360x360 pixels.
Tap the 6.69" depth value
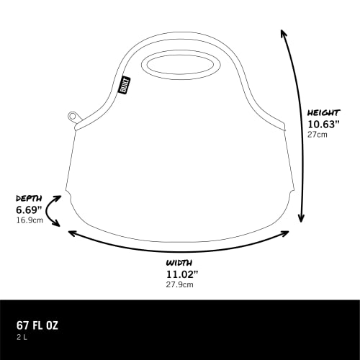(x=30, y=210)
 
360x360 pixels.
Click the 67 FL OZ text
(x=37, y=325)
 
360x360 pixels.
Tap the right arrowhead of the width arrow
(x=288, y=232)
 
